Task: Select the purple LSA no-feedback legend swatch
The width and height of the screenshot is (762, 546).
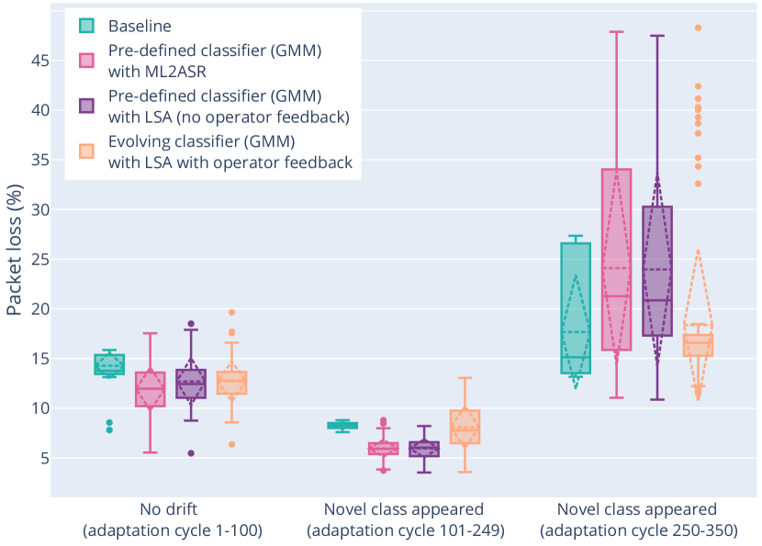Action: coord(86,106)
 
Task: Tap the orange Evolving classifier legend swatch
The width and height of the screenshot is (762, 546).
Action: coord(86,151)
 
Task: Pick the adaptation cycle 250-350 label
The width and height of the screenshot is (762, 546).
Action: coord(637,530)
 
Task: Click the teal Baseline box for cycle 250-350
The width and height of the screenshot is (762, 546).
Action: coord(576,308)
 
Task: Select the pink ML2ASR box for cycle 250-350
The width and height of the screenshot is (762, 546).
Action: coord(616,260)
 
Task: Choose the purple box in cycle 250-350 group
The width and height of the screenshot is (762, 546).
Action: coord(657,272)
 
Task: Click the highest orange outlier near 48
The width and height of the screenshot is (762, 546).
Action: coord(698,28)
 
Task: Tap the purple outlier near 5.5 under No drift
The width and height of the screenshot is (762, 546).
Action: coord(191,453)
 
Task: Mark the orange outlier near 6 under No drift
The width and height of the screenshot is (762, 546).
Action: coord(232,444)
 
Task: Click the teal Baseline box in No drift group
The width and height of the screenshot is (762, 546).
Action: coord(109,364)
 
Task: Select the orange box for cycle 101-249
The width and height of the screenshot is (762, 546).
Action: coord(465,427)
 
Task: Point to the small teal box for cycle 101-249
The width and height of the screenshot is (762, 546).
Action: coord(342,425)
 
